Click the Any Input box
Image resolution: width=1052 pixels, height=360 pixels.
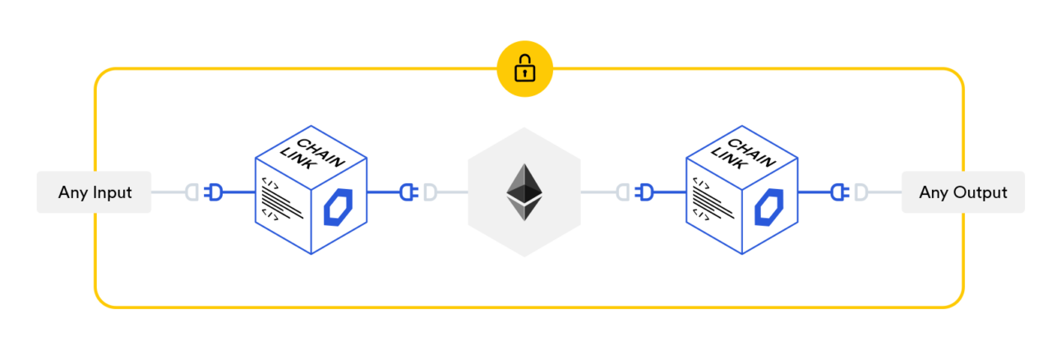94,192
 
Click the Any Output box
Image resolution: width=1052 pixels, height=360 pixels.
962,192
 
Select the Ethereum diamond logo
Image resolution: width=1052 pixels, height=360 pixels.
524,192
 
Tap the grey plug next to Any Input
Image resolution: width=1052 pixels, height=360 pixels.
191,192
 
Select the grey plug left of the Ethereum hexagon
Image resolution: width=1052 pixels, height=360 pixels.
430,192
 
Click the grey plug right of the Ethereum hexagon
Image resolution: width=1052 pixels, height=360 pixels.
623,192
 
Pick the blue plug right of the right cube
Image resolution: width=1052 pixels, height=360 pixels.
839,192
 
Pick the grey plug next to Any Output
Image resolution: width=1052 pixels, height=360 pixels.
861,192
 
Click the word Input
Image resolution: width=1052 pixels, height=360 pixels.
110,193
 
